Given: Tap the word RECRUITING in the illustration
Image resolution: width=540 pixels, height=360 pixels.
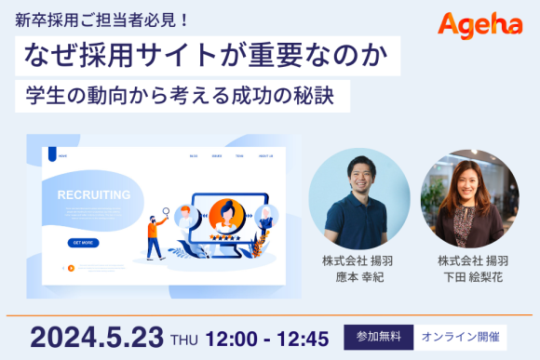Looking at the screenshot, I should click(x=93, y=195).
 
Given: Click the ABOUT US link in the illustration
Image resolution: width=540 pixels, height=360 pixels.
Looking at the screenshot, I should click(x=265, y=156).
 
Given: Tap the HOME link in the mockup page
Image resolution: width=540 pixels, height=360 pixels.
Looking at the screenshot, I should click(x=63, y=156).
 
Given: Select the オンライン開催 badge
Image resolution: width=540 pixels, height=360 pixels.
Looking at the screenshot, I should click(x=459, y=336).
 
